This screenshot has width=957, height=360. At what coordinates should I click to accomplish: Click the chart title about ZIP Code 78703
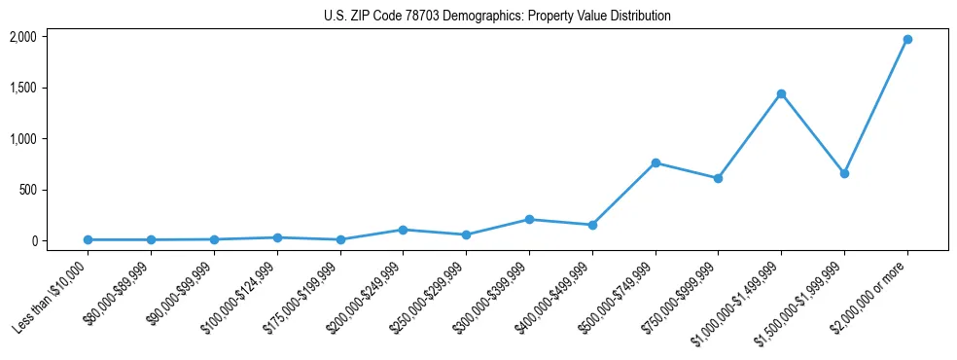(x=497, y=17)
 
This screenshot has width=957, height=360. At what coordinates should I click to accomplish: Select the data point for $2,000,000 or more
(x=906, y=39)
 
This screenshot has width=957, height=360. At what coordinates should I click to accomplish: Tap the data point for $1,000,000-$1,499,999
(x=781, y=93)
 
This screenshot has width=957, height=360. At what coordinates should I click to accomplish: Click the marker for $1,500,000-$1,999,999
(x=844, y=173)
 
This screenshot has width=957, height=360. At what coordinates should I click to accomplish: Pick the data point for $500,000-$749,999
(x=656, y=162)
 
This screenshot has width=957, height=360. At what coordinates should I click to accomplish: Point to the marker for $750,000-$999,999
(x=718, y=178)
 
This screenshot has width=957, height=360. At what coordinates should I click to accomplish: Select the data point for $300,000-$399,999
(x=529, y=219)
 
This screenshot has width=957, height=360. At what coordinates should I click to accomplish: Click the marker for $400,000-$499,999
(x=592, y=225)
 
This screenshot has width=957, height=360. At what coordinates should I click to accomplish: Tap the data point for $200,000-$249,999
(x=403, y=230)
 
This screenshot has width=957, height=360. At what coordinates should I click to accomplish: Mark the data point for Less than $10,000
(x=88, y=239)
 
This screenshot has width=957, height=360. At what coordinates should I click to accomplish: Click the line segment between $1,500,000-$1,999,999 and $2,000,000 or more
(x=875, y=106)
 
